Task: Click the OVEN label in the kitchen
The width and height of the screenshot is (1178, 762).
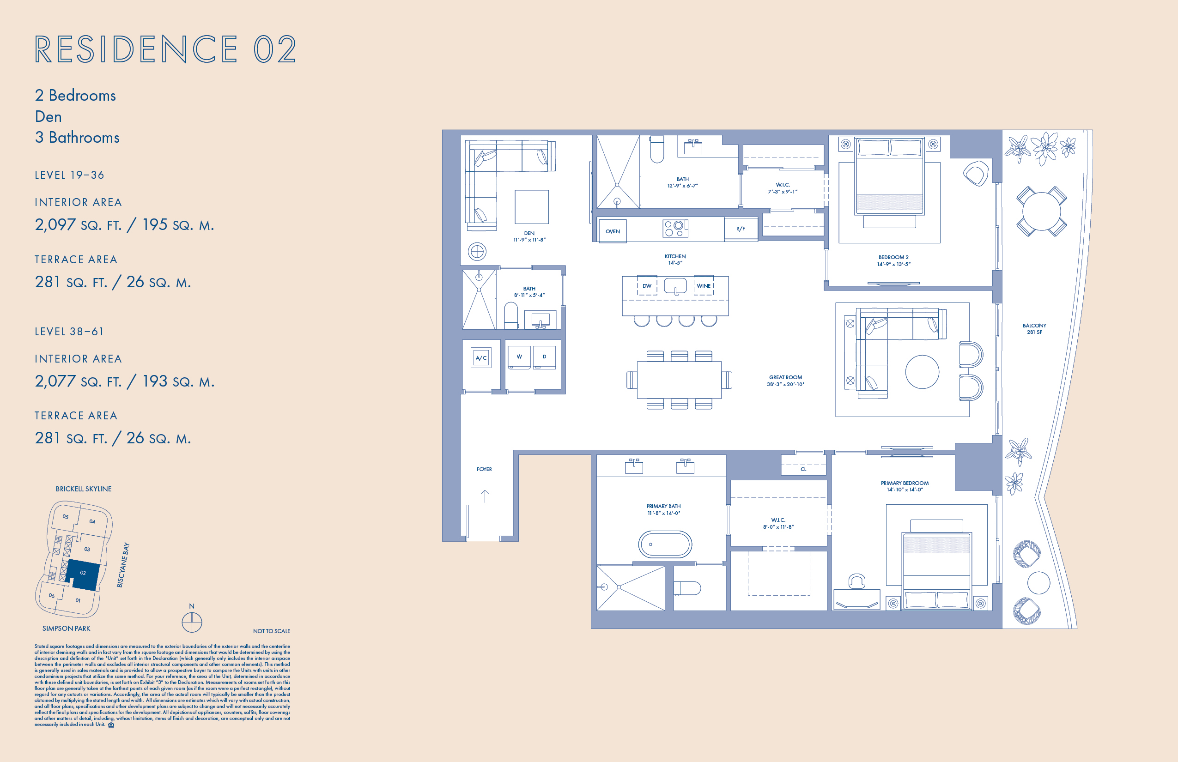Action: point(612,231)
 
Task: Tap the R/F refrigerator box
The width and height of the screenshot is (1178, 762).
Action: point(741,229)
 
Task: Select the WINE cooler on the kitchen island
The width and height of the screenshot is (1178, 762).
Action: point(703,286)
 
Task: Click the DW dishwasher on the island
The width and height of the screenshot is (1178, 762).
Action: point(647,286)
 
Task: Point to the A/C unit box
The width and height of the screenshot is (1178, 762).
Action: point(481,358)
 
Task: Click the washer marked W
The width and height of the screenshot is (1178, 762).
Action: point(519,357)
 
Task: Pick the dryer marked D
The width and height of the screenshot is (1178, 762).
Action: point(545,357)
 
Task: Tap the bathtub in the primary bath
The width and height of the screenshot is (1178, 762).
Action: point(665,544)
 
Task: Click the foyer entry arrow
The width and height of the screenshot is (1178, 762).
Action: point(485,495)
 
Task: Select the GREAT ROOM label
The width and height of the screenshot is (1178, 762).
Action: point(785,381)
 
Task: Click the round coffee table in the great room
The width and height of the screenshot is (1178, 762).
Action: point(922,372)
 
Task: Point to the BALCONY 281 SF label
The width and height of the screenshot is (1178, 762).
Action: point(1034,329)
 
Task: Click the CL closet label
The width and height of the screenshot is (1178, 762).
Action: point(803,469)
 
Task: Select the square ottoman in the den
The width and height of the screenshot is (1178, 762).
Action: point(532,207)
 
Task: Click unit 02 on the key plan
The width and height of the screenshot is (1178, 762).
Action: point(83,574)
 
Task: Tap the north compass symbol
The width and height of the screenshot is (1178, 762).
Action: point(192,622)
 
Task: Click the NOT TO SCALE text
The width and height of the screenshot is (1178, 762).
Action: point(271,631)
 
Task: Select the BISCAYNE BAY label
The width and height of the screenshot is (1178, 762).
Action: point(123,565)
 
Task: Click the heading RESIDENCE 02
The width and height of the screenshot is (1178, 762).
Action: point(165,49)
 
